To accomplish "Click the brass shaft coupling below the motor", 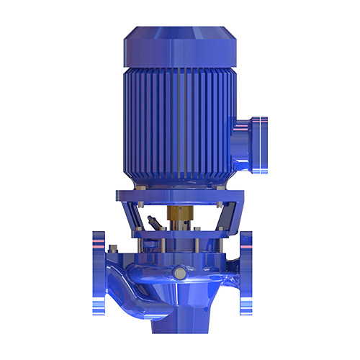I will tap(176, 215).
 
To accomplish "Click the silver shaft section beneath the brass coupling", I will tap(176, 230).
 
